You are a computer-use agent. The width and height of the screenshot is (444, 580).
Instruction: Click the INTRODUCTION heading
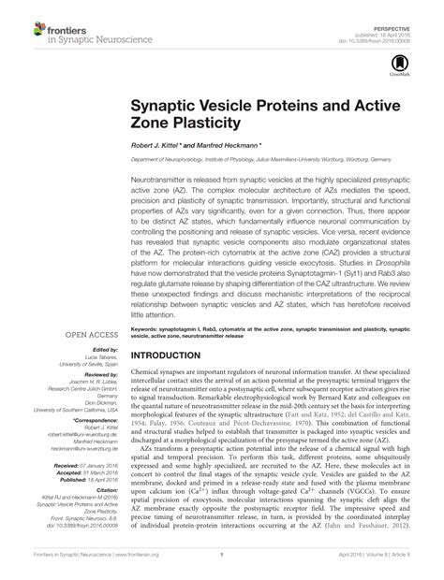175,356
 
